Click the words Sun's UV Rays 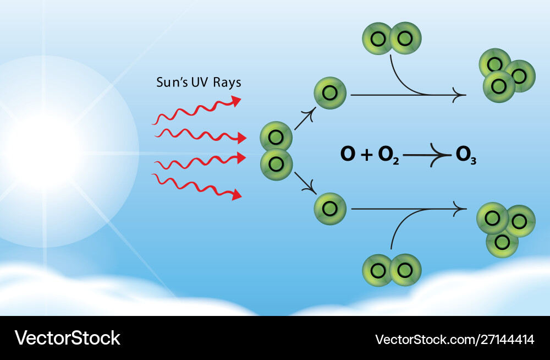(199, 83)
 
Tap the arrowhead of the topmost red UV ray (236, 101)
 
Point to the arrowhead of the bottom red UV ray (237, 194)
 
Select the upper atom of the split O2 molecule (276, 137)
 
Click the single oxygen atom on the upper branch (330, 93)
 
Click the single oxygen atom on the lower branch (330, 209)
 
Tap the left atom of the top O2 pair (378, 39)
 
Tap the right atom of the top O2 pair (405, 39)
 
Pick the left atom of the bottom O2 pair (378, 270)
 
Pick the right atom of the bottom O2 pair (405, 270)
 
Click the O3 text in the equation (466, 156)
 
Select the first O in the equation (348, 155)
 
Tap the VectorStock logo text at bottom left (67, 337)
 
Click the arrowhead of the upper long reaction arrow (461, 95)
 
